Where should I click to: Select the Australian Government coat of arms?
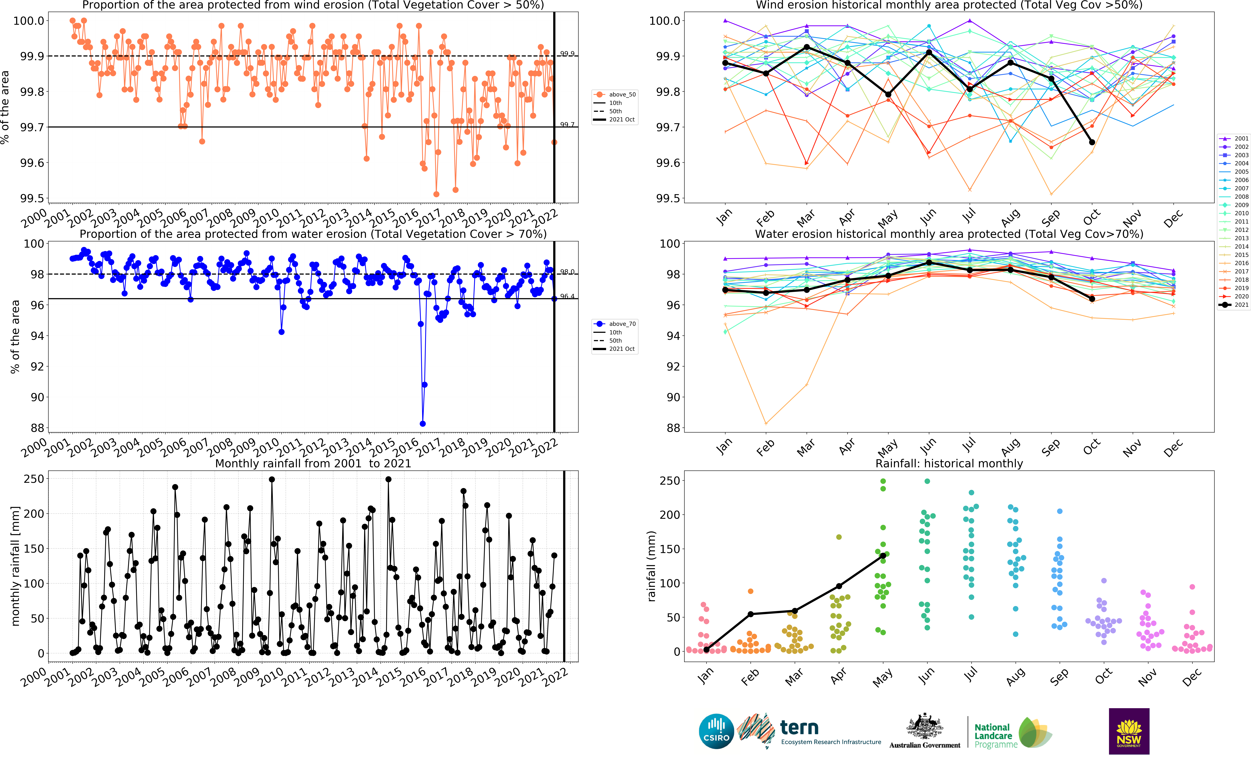[925, 726]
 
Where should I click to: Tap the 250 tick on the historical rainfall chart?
[670, 480]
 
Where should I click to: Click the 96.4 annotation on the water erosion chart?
[567, 296]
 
